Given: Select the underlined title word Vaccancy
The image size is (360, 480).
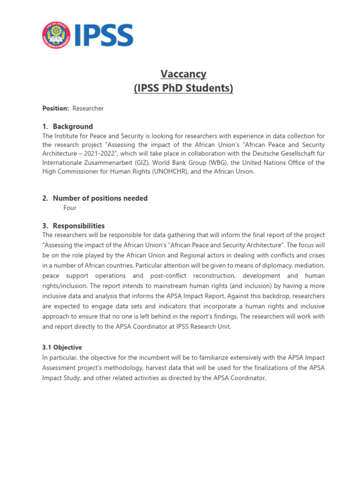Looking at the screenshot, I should click(183, 74).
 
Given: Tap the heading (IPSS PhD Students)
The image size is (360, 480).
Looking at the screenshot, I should click(183, 88).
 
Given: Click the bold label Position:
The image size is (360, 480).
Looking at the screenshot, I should click(55, 108).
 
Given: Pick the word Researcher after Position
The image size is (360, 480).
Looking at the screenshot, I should click(88, 108).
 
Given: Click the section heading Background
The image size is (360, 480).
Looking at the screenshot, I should click(73, 127).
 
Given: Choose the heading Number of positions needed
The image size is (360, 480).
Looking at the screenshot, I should click(100, 198).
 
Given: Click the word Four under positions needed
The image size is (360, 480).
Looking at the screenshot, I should click(70, 208).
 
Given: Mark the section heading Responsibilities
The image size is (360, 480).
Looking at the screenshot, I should click(79, 225).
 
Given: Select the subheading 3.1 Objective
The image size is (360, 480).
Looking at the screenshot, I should click(62, 347).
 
